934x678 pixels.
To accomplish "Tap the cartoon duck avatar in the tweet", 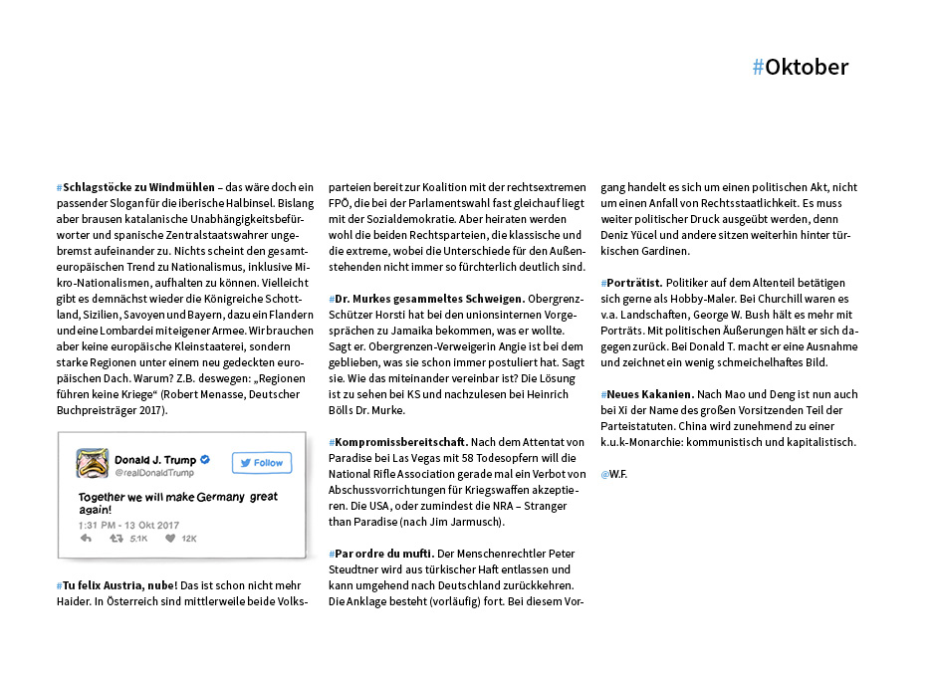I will [93, 464].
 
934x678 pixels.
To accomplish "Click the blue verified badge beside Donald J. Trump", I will [205, 460].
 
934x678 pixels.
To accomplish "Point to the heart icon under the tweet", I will [170, 539].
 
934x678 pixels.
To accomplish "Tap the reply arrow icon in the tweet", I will [86, 539].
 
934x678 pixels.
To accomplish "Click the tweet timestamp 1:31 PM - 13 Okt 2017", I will [128, 525].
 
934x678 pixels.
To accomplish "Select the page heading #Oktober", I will [801, 68].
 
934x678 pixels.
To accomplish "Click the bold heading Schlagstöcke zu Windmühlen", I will [138, 187].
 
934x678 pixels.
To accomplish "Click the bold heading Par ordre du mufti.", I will [382, 553].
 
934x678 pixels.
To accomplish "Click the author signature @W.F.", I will [613, 474].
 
